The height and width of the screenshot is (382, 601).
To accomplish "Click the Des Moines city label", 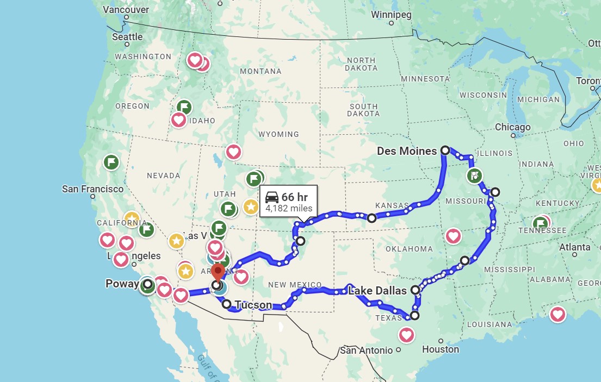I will point(407,151).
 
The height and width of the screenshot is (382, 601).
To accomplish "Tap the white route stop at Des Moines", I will point(445,150).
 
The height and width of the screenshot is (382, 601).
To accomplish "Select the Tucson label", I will point(253,305).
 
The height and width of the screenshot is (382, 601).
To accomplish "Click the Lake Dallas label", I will point(377,291).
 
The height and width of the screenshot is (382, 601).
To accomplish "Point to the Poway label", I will point(122,284).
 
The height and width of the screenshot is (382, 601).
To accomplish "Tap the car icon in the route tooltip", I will point(272,197).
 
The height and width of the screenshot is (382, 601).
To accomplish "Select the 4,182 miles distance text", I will point(289,208).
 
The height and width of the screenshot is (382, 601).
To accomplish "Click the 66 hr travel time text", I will point(294,197).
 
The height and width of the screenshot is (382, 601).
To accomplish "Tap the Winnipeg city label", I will point(391,15).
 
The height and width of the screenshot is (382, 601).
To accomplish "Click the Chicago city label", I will point(512,127).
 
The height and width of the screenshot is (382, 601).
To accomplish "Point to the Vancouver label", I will point(126,10).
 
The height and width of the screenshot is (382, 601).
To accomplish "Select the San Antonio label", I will point(366,350).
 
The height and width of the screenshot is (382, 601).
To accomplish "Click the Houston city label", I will point(441,349).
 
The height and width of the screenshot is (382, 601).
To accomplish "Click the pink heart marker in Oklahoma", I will point(453,236).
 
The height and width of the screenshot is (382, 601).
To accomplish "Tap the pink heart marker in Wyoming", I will point(234,152).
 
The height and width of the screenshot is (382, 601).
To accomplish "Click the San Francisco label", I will point(92,189).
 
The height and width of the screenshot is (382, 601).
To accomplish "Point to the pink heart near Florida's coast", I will point(557,314).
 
